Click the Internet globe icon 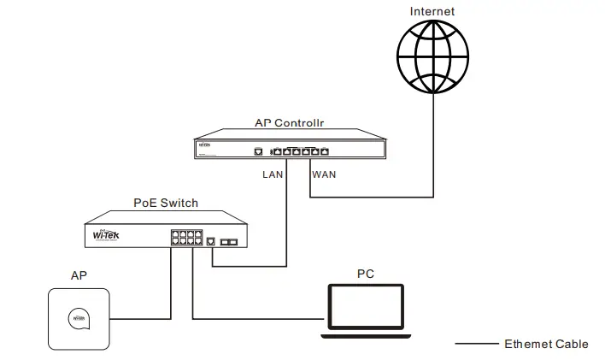coord(432,56)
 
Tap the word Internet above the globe coord(432,11)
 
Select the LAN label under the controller coord(273,174)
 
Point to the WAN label coord(324,174)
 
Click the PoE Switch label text coord(166,203)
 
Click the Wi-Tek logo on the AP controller coord(206,147)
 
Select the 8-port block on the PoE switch coord(185,237)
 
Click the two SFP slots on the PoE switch coord(228,242)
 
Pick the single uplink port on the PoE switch coord(210,242)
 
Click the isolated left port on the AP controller coord(258,151)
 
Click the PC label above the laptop coord(365,274)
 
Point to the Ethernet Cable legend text coord(546,344)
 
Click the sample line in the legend coord(476,344)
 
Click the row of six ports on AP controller coord(300,151)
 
